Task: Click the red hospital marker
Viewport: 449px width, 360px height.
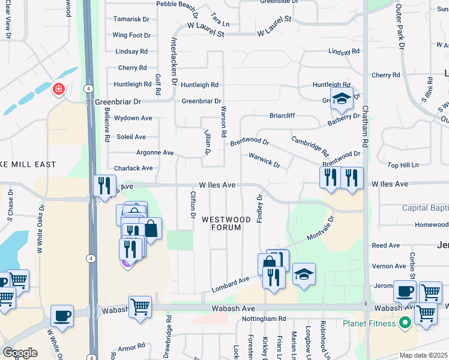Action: click(59, 90)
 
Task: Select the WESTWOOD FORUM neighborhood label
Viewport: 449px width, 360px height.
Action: click(221, 223)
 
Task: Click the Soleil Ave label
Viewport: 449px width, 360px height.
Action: click(131, 137)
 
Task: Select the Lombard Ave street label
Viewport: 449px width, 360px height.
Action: click(231, 284)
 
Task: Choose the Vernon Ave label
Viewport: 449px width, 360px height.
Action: click(389, 266)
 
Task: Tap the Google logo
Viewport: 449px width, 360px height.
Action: click(20, 352)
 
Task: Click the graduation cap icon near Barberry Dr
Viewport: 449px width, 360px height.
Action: click(342, 98)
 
